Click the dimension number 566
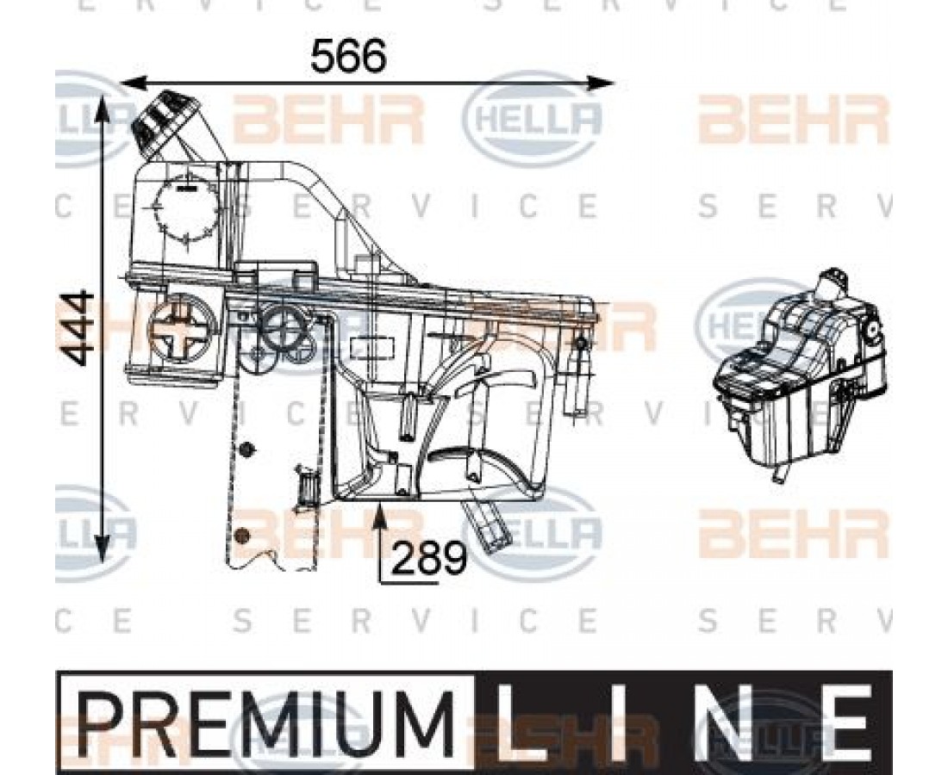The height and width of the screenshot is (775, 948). pyautogui.click(x=348, y=57)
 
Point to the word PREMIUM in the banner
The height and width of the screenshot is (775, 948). pyautogui.click(x=265, y=720)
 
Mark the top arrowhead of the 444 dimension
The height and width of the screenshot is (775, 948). pyautogui.click(x=103, y=105)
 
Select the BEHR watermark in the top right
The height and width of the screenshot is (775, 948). pyautogui.click(x=793, y=121)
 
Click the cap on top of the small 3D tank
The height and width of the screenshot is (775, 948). pyautogui.click(x=834, y=282)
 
